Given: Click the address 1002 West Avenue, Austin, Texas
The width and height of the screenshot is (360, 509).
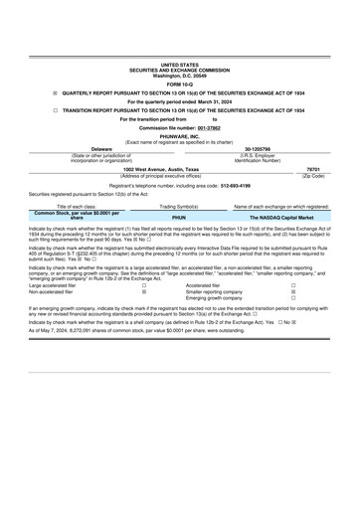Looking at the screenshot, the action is pyautogui.click(x=179, y=170).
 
